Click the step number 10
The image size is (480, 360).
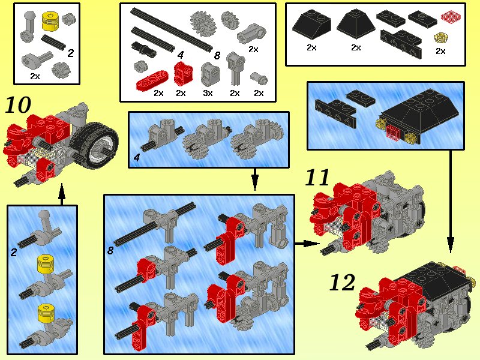click(18, 105)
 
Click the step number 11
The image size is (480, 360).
click(317, 177)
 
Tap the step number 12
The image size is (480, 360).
click(342, 283)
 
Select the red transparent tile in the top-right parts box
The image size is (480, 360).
click(451, 16)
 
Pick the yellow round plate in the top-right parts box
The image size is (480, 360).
click(440, 38)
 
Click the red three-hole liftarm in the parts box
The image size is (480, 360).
click(152, 80)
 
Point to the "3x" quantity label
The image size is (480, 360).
click(208, 93)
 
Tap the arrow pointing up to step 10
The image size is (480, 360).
click(62, 194)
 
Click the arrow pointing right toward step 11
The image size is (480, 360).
click(307, 244)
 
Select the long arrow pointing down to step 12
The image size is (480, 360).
click(451, 202)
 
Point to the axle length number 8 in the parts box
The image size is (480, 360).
click(217, 55)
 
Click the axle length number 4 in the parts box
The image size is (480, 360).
click(181, 55)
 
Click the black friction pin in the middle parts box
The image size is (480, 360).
click(144, 49)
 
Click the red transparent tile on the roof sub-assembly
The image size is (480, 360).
click(392, 132)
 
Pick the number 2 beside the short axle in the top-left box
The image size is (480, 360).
click(71, 53)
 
